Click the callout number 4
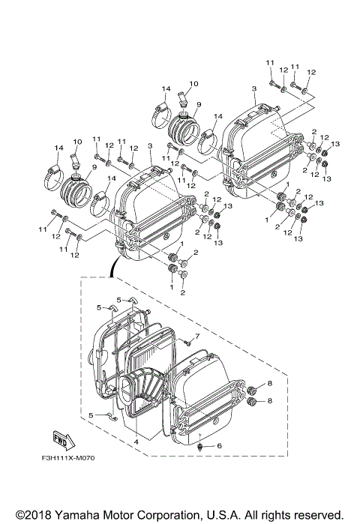[136, 442]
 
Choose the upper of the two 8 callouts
[271, 384]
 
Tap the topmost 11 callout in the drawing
[269, 60]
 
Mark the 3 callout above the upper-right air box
[254, 88]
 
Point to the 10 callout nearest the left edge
[76, 142]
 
